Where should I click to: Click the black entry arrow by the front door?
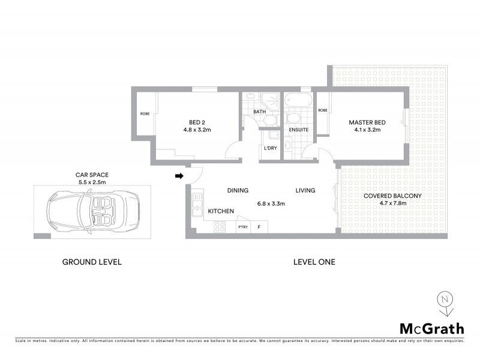(x=178, y=176)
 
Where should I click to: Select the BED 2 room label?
(x=189, y=122)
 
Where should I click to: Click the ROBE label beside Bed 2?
(x=145, y=113)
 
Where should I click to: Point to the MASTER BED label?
(x=367, y=122)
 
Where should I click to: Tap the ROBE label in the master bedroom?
(x=323, y=110)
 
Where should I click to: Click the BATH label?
(x=259, y=112)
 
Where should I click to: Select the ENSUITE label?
(x=298, y=129)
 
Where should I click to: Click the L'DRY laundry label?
(x=269, y=149)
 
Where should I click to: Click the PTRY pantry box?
(x=243, y=227)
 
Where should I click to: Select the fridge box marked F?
(x=259, y=227)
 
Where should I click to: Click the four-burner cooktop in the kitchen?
(x=220, y=227)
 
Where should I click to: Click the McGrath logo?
(x=431, y=328)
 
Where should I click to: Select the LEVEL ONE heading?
(x=314, y=262)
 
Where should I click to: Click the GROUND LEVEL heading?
(x=92, y=262)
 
